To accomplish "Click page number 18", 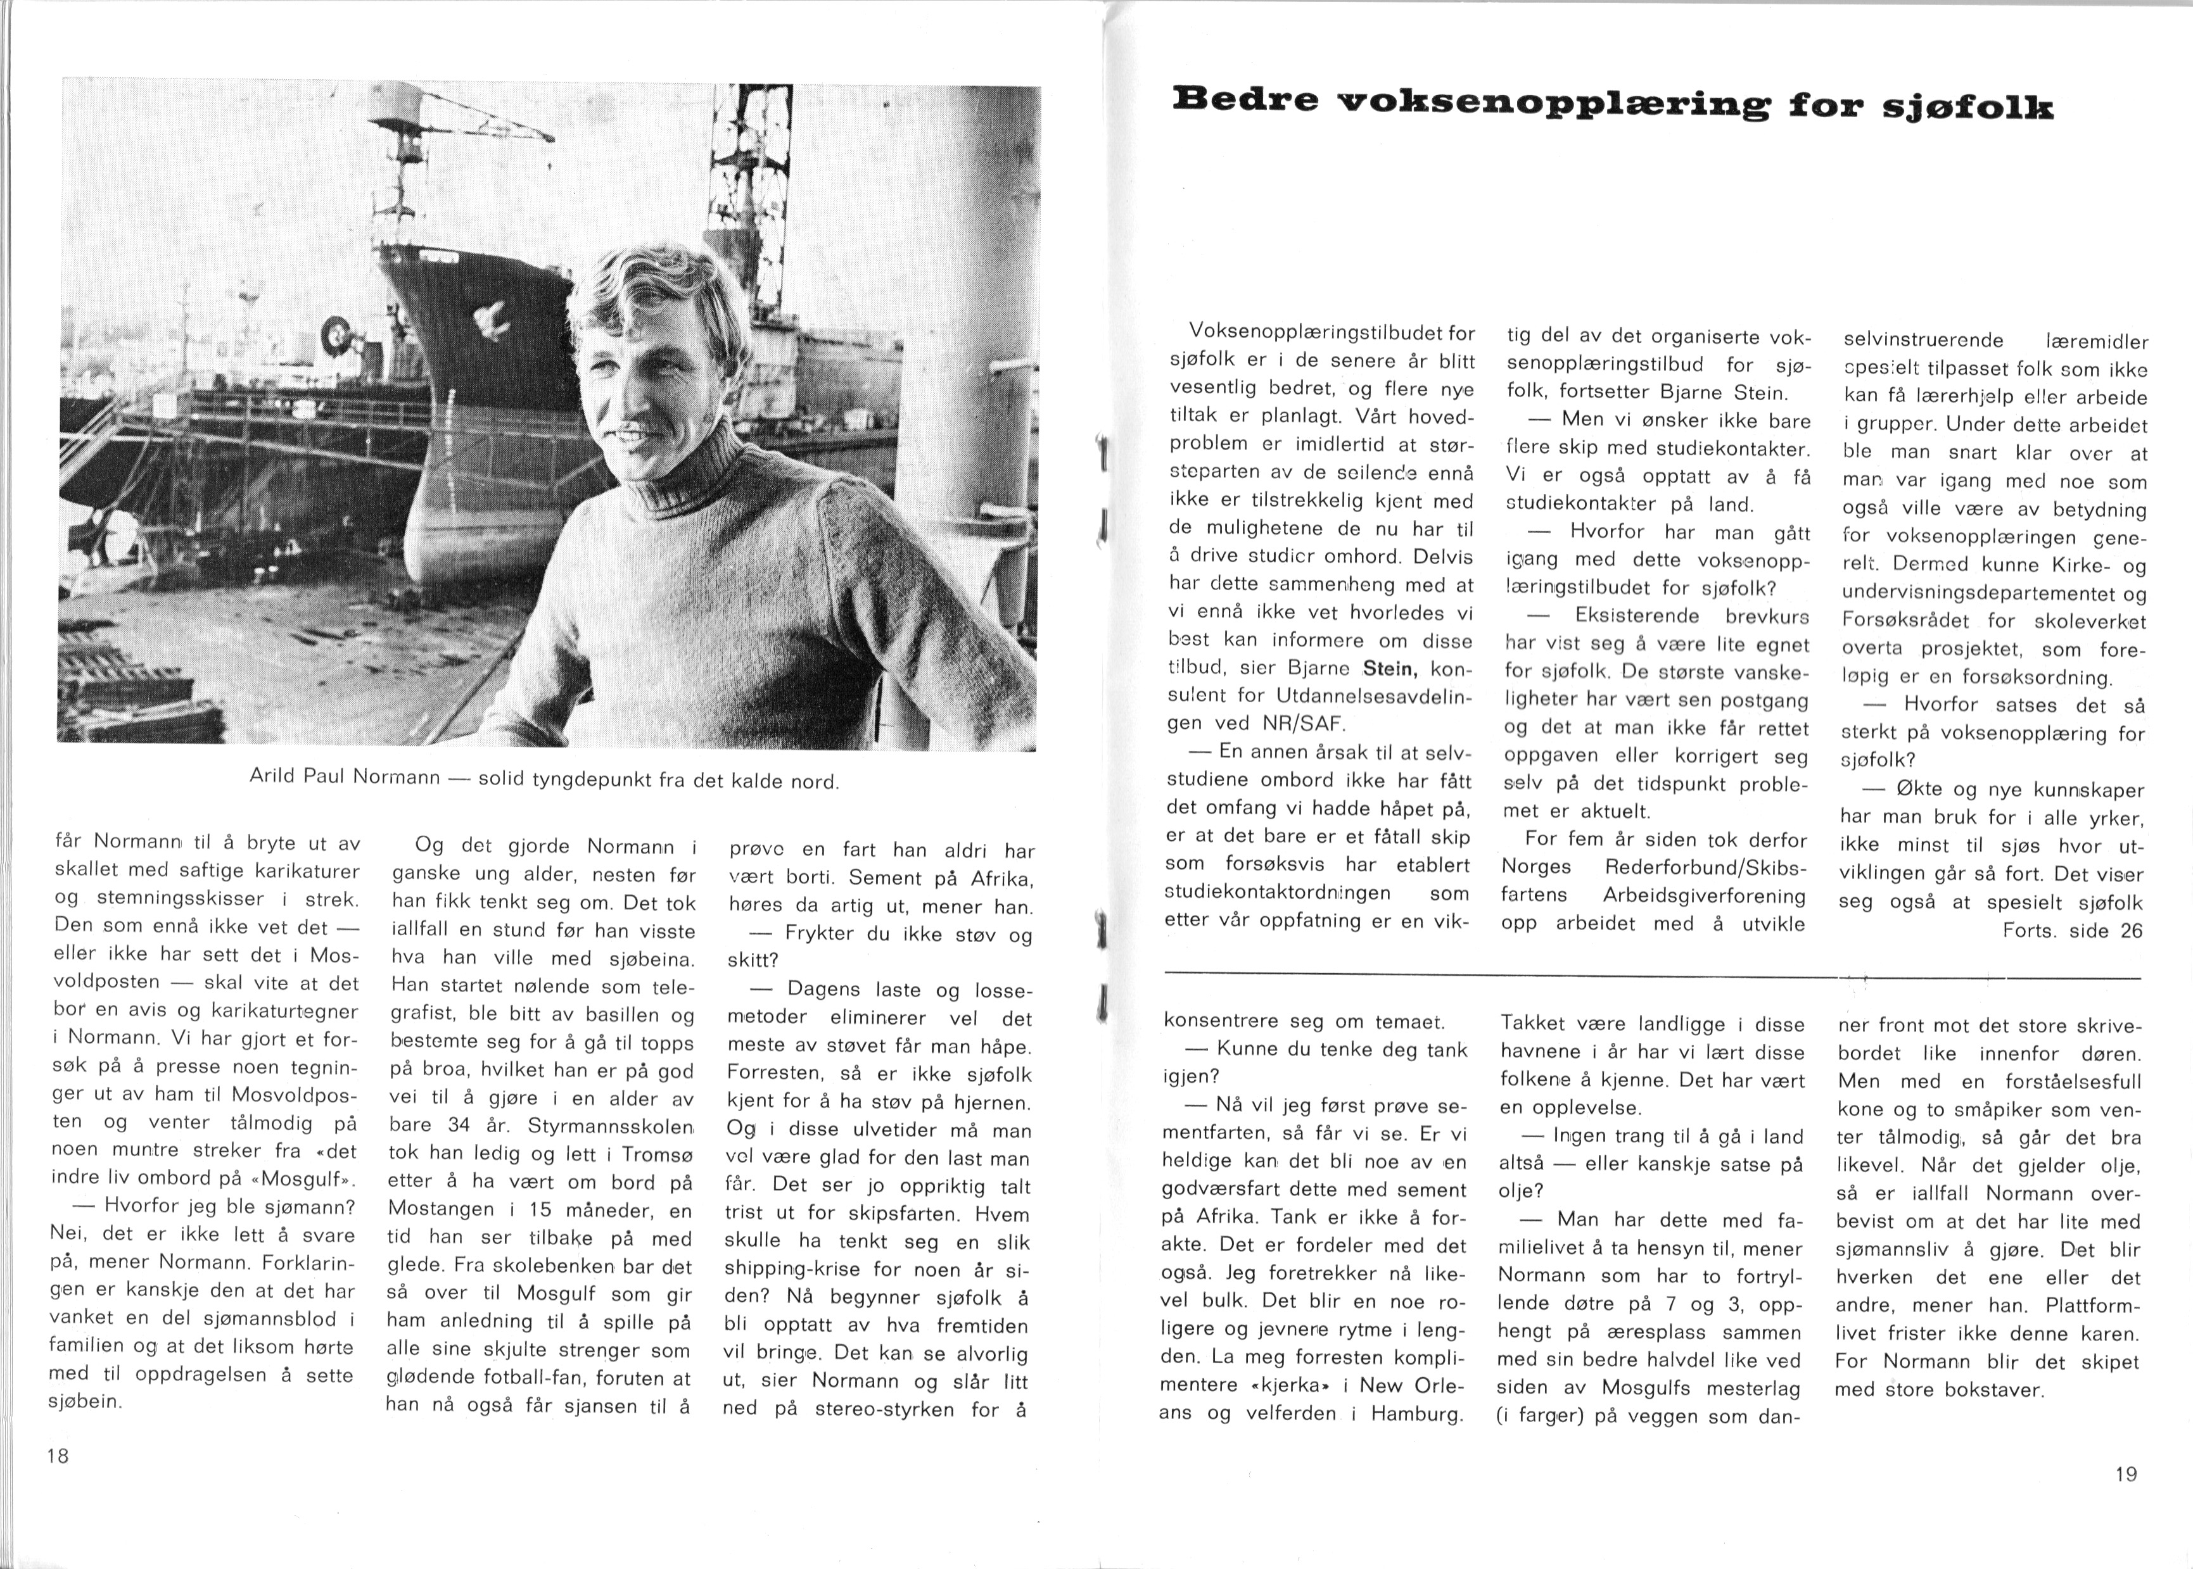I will (58, 1456).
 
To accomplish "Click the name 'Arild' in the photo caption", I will (274, 776).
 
